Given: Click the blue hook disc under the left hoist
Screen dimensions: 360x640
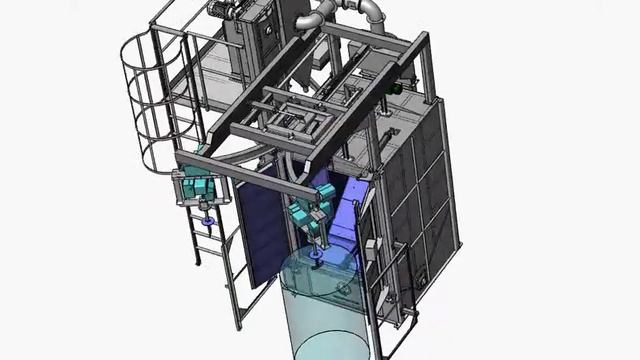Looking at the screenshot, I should pos(207,220).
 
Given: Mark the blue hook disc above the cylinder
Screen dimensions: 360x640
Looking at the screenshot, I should pos(316,255).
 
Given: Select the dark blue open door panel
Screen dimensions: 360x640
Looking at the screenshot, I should pos(258,230).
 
